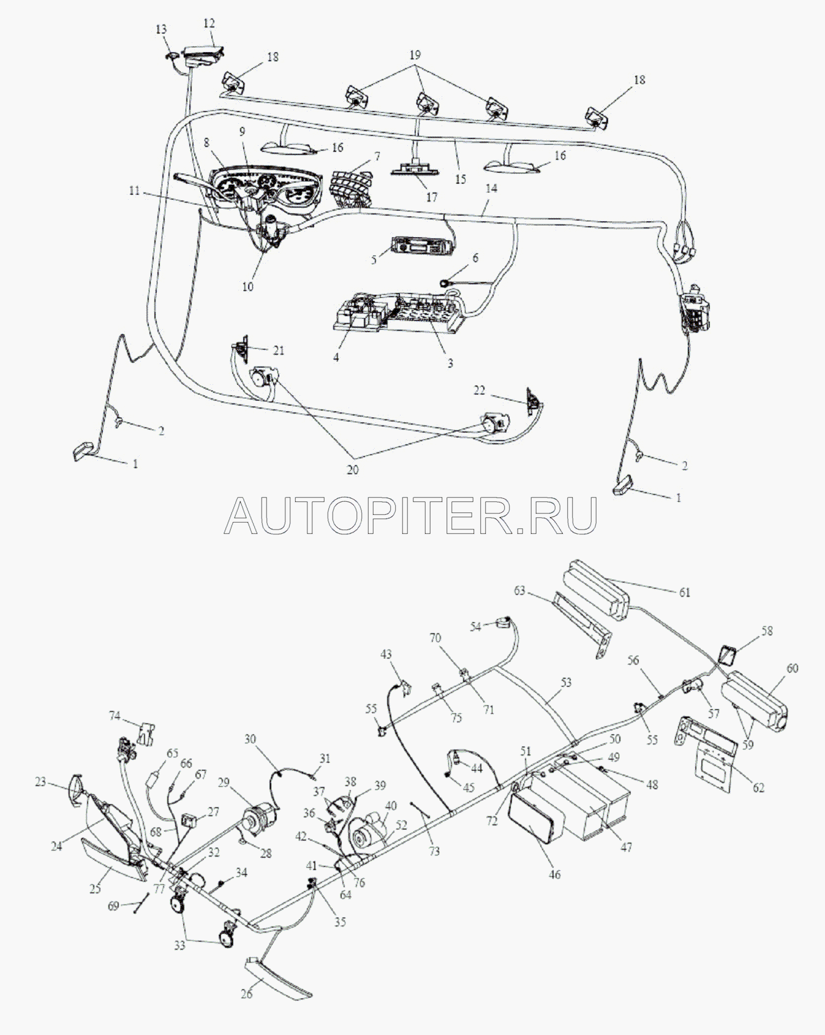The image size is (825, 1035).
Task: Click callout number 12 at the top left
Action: pos(209,23)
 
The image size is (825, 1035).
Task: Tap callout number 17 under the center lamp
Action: pos(432,197)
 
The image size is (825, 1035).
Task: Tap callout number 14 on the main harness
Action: pos(491,190)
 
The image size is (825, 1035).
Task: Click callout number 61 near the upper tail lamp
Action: pos(684,593)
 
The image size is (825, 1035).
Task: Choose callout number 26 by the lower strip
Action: pos(247,993)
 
